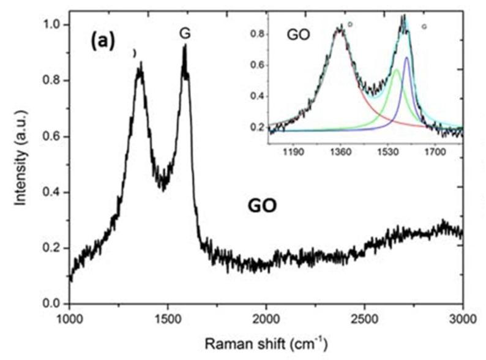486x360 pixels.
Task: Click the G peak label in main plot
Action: [184, 34]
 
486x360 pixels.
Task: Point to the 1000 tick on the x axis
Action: [69, 318]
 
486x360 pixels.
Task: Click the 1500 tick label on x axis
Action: [168, 318]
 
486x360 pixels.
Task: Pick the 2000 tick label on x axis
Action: [266, 318]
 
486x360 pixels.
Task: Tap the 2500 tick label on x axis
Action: [365, 318]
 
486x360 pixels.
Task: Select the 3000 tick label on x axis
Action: [462, 318]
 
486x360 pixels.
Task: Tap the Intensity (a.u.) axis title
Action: [22, 164]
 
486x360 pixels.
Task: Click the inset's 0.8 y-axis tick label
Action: [260, 35]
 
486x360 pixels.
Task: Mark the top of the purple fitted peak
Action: [406, 57]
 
